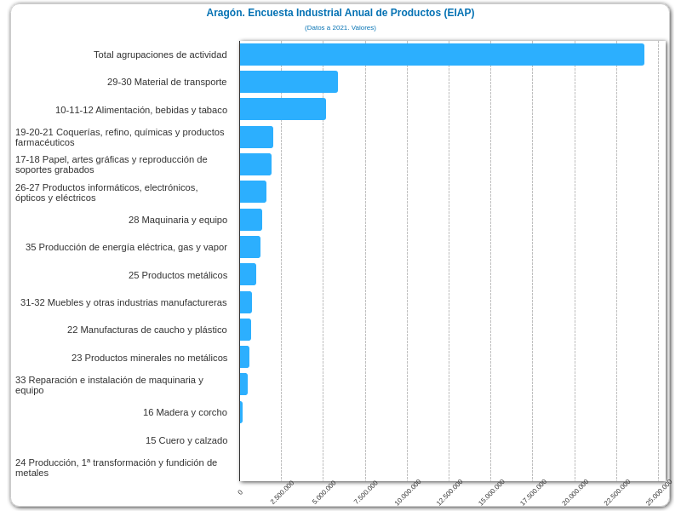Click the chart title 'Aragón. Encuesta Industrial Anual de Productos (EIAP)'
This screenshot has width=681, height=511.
coord(340,13)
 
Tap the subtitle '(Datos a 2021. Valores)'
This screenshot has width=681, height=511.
coord(340,28)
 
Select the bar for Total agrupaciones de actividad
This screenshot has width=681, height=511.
coord(441,55)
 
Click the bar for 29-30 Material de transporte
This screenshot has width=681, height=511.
coord(289,82)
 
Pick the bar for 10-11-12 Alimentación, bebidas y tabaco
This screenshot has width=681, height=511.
coord(283,109)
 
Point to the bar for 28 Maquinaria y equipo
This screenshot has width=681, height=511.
coord(251,220)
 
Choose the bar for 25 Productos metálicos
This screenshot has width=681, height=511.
coord(248,274)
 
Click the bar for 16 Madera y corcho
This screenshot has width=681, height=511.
coord(241,412)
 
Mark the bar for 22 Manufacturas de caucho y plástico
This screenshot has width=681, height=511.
coord(245,330)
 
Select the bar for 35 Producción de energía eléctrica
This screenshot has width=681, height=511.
coord(250,247)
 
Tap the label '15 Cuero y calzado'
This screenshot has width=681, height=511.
coord(186,440)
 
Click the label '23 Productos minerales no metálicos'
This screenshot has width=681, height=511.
coord(149,358)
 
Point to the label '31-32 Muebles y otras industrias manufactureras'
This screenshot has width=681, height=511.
coord(123,302)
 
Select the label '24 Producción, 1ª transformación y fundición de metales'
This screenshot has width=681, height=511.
coord(117,468)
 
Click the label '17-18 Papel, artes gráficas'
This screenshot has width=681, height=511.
coord(112,164)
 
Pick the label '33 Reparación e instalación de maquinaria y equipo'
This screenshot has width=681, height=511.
coord(109,385)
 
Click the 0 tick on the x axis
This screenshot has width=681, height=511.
coord(240,492)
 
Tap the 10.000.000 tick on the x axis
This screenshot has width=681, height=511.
coord(408,492)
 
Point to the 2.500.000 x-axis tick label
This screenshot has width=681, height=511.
coord(283,492)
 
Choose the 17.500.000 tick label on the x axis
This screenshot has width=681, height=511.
coord(534,492)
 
